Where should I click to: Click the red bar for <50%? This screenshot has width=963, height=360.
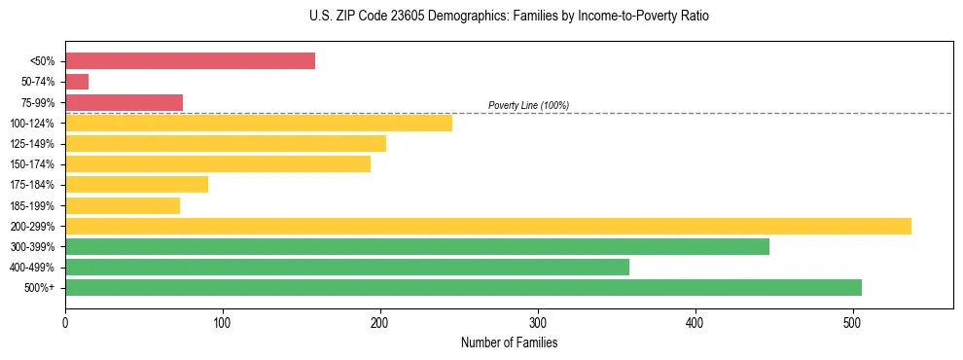pyautogui.click(x=190, y=61)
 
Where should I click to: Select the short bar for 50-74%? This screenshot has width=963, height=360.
pyautogui.click(x=77, y=82)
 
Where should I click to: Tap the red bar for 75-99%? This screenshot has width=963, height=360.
pyautogui.click(x=124, y=102)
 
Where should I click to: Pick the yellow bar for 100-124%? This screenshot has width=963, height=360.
pyautogui.click(x=259, y=123)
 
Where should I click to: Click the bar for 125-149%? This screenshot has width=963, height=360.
pyautogui.click(x=226, y=143)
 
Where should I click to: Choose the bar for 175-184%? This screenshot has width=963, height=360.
pyautogui.click(x=136, y=184)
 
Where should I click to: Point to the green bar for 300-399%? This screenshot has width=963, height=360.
pyautogui.click(x=417, y=246)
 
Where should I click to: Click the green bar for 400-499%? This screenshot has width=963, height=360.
pyautogui.click(x=347, y=267)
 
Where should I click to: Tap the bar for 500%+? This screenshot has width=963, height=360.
pyautogui.click(x=463, y=287)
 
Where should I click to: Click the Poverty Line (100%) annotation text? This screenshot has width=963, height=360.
pyautogui.click(x=528, y=105)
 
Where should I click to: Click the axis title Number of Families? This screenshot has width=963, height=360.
pyautogui.click(x=509, y=342)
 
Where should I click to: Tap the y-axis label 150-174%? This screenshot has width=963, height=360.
pyautogui.click(x=32, y=164)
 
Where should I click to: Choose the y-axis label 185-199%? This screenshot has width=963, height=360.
pyautogui.click(x=32, y=205)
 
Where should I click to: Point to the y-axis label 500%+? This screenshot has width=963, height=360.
pyautogui.click(x=40, y=288)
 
